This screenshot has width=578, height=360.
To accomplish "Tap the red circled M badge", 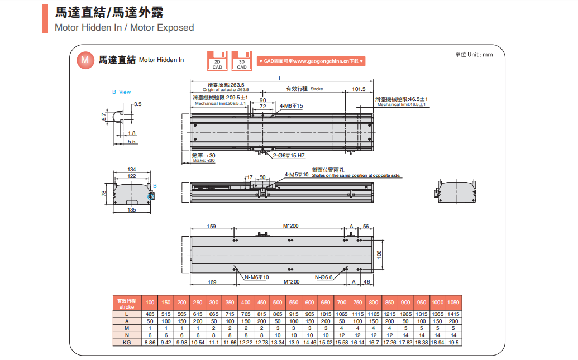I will pyautogui.click(x=85, y=59).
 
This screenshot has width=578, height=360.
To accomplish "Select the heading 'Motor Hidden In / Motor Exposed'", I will pyautogui.click(x=125, y=27).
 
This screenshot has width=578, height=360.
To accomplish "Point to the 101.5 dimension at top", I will pyautogui.click(x=359, y=89).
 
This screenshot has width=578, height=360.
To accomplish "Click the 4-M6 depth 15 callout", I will pyautogui.click(x=291, y=105).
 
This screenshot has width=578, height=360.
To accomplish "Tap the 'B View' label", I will pyautogui.click(x=121, y=92).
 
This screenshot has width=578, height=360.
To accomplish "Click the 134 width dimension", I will pyautogui.click(x=132, y=169).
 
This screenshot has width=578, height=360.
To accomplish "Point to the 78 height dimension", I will pyautogui.click(x=103, y=193).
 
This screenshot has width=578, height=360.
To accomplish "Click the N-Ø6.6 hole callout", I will pyautogui.click(x=323, y=277).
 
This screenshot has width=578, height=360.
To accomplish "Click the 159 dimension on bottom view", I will pyautogui.click(x=212, y=226).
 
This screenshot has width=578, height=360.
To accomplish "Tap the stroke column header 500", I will pyautogui.click(x=278, y=302).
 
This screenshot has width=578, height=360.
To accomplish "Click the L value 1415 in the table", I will pyautogui.click(x=453, y=315).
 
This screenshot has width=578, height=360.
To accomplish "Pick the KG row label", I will pyautogui.click(x=127, y=342).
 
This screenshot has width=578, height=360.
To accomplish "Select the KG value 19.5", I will pyautogui.click(x=453, y=342).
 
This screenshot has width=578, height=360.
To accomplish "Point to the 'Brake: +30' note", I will pyautogui.click(x=203, y=158).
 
